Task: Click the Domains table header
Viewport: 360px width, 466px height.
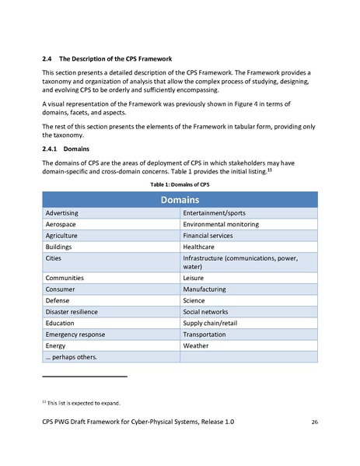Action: click(x=179, y=200)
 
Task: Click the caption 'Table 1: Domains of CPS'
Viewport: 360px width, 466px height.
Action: click(x=180, y=185)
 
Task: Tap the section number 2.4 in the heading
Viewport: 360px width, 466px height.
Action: click(x=46, y=59)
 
